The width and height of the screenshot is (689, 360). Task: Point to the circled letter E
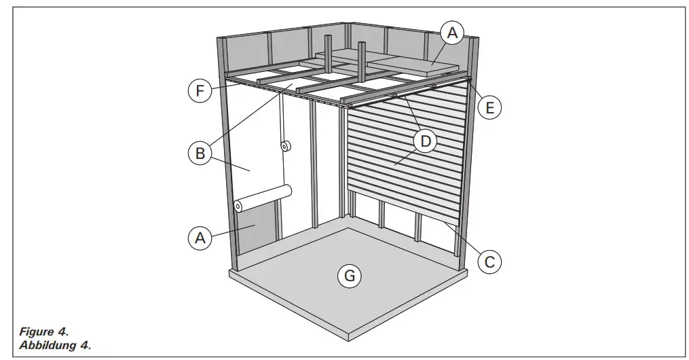tap(491, 107)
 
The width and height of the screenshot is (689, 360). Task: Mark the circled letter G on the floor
tap(349, 276)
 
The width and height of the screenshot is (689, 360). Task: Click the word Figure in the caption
tap(34, 333)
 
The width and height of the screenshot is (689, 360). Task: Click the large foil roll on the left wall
tap(262, 198)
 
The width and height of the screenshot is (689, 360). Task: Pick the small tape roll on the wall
tap(284, 145)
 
